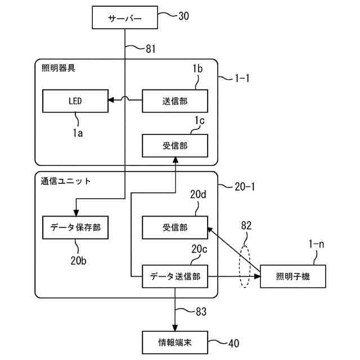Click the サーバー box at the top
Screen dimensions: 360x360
(x=125, y=17)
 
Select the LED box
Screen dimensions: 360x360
(x=75, y=101)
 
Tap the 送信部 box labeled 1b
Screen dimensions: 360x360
(x=175, y=101)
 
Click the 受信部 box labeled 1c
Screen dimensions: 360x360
(x=175, y=146)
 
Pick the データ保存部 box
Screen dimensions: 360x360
(x=75, y=227)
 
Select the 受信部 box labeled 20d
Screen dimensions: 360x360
(x=175, y=227)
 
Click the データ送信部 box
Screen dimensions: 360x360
(x=175, y=276)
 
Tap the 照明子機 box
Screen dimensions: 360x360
(x=293, y=276)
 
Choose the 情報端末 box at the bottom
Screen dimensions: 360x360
(x=175, y=343)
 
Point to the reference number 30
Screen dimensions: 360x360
(x=184, y=16)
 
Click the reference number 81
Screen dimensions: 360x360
(x=151, y=49)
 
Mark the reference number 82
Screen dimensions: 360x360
(x=246, y=226)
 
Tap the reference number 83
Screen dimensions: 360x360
(x=201, y=312)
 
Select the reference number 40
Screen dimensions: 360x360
(x=234, y=343)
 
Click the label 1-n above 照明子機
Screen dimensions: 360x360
(x=316, y=244)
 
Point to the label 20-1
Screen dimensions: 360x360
(x=245, y=186)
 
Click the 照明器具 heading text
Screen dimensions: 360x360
(x=58, y=68)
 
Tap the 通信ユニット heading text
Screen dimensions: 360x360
(x=66, y=181)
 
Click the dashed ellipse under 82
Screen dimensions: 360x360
(x=240, y=266)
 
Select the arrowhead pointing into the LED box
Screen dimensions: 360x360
(x=111, y=100)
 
